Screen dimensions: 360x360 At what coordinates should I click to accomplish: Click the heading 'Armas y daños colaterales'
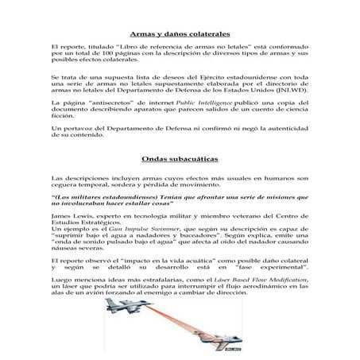pyautogui.click(x=180, y=36)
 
